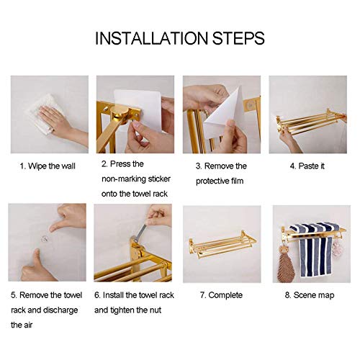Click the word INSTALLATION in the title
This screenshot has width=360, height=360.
pos(151,38)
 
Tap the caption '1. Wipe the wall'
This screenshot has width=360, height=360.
pos(48,166)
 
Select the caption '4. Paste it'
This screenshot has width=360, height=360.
pos(307,166)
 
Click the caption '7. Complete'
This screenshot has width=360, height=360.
pos(221,295)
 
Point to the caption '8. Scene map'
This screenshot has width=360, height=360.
pos(310,295)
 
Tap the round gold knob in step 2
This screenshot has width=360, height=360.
pos(120,114)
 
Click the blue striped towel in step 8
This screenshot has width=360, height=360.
pos(315,250)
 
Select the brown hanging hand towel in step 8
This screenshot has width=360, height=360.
pos(284,264)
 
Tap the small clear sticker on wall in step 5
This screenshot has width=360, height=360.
pos(45,239)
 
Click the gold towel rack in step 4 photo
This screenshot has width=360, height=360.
pos(310,122)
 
